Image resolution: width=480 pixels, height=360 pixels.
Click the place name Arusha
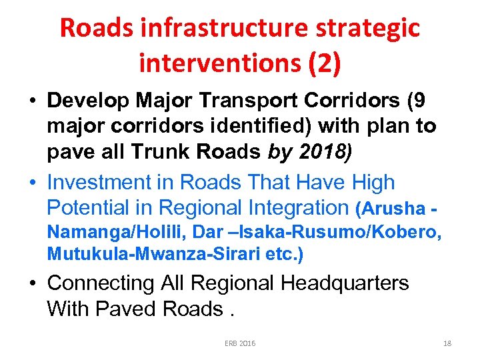pos(393,209)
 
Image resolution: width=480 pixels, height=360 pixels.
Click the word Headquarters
pos(344,283)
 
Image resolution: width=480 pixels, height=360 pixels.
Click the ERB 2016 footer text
pos(240,343)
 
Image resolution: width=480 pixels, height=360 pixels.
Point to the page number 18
pos(447,343)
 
